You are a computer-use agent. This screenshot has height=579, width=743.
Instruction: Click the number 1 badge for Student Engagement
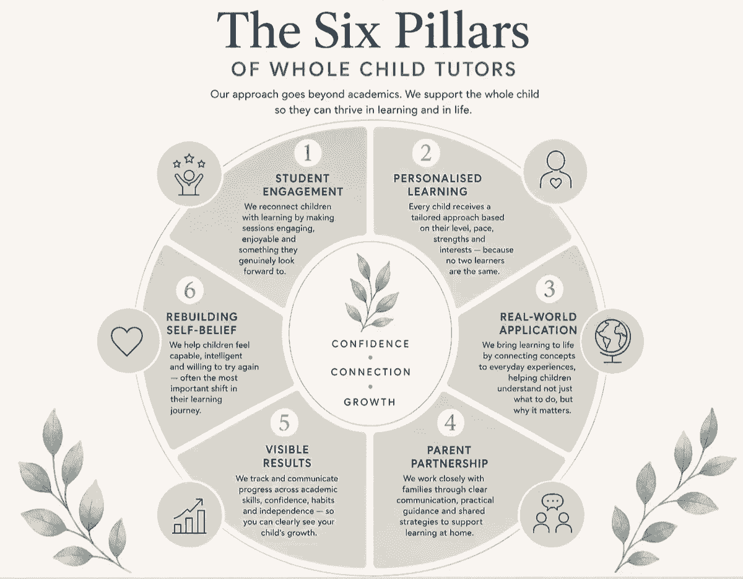[308, 153]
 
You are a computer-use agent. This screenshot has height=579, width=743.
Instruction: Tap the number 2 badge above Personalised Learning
[426, 153]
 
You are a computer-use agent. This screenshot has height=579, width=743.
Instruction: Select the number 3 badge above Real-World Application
[549, 289]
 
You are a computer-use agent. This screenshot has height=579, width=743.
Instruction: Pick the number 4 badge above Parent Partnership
[450, 423]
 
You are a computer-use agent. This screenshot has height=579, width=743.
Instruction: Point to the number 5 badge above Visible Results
[284, 423]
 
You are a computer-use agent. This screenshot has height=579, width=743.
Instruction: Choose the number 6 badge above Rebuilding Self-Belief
[189, 291]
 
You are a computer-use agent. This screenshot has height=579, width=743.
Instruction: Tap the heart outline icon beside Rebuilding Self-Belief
[127, 341]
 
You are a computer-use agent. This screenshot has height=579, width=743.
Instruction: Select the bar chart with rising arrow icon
[189, 516]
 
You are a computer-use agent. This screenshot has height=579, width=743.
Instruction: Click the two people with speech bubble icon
[552, 513]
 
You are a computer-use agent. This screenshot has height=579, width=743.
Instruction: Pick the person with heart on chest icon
[555, 170]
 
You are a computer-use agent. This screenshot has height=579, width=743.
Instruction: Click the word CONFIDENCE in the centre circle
[371, 344]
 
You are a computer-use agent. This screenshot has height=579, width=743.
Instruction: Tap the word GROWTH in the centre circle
[370, 402]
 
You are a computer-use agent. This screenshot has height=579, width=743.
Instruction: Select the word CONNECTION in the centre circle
[371, 372]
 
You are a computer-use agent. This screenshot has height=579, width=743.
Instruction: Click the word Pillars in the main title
[462, 31]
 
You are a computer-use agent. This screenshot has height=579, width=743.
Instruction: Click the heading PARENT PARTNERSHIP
[450, 457]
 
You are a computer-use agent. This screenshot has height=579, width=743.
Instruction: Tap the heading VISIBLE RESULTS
[287, 456]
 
